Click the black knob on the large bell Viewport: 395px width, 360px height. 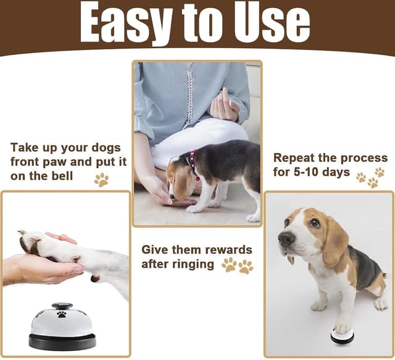click(62, 306)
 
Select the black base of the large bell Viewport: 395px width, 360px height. click(62, 341)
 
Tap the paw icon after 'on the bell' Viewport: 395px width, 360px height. click(101, 180)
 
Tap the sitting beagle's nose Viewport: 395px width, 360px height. click(285, 237)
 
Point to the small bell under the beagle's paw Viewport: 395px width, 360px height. click(342, 335)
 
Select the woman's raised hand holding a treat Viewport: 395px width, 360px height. click(223, 106)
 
